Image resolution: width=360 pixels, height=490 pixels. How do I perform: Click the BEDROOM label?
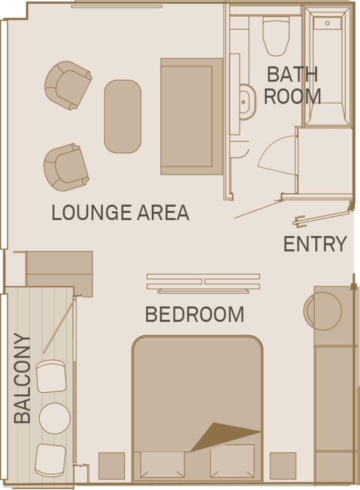[x=194, y=314]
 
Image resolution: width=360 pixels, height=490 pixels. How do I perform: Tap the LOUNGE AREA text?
[x=120, y=213]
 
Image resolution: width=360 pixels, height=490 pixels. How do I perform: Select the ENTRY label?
[x=315, y=244]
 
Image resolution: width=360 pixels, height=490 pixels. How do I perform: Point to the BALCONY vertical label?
[x=22, y=379]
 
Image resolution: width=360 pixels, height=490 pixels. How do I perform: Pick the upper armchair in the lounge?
[x=67, y=84]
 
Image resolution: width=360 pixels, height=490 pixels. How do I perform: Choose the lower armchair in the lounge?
[x=66, y=167]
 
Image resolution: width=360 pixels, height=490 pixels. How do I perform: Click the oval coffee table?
[x=122, y=117]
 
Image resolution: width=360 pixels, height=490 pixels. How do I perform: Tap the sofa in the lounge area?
[x=191, y=117]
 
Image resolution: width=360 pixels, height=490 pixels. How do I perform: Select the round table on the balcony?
[x=54, y=418]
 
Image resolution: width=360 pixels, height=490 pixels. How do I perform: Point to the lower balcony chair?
[x=51, y=460]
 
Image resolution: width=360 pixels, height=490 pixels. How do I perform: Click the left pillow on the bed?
[x=162, y=464]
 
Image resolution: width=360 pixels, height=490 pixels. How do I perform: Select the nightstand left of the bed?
[x=112, y=466]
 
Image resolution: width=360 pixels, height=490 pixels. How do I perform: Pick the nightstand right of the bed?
[x=283, y=466]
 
